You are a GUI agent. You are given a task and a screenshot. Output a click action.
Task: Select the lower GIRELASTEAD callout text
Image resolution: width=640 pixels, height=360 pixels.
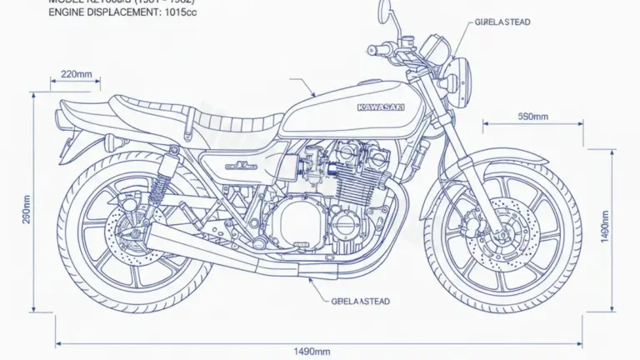(360, 300)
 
